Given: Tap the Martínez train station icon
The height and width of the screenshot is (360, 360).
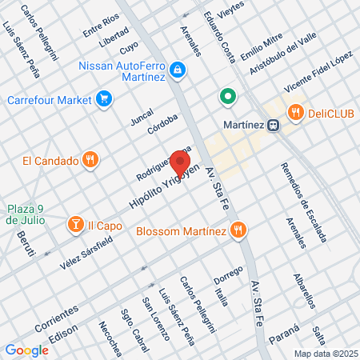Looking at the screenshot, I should (x=274, y=125).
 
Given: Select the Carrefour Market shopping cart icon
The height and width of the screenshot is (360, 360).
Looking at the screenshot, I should (x=103, y=100).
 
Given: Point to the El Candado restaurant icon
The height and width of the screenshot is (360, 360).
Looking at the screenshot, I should (x=90, y=159).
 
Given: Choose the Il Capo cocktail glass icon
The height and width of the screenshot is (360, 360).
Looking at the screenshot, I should (x=75, y=226).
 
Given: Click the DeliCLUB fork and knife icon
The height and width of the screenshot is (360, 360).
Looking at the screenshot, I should (x=295, y=113).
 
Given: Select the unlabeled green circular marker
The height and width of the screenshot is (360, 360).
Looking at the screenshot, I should (x=228, y=98).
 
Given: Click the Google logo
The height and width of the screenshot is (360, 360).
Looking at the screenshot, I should (x=26, y=350).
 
